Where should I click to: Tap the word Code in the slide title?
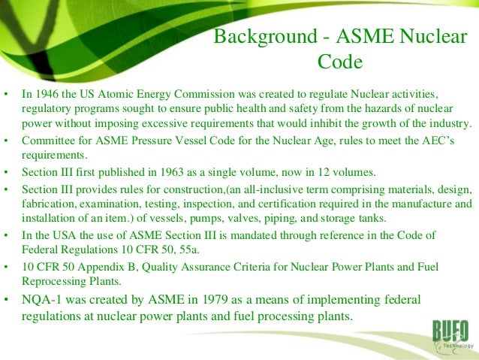point(340,62)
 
